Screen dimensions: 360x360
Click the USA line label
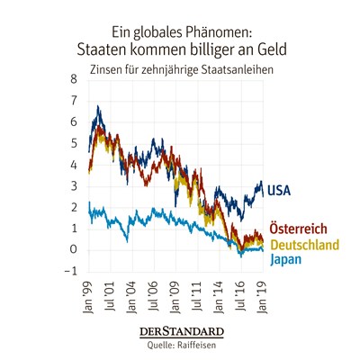tap(279, 191)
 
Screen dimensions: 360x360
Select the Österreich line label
tap(298, 229)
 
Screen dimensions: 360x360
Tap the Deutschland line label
tap(305, 245)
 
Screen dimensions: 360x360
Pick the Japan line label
tap(285, 260)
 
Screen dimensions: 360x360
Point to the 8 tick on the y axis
tap(74, 79)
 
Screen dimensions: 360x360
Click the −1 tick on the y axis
tap(71, 272)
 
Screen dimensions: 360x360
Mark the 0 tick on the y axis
tap(74, 250)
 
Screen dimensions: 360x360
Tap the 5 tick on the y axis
tap(74, 143)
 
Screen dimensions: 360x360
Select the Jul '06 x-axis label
tap(154, 295)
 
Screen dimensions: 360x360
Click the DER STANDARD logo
tap(182, 332)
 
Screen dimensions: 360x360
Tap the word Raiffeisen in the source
tap(196, 345)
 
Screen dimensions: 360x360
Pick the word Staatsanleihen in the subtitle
tap(238, 69)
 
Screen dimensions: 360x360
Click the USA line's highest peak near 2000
tap(98, 106)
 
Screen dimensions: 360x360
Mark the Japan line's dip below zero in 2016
tap(240, 256)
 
